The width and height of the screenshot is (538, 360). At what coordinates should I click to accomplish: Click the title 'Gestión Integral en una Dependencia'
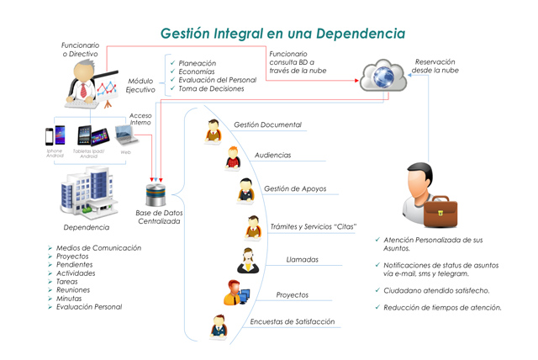click(x=283, y=34)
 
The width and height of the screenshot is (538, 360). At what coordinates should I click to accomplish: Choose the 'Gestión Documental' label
click(x=267, y=124)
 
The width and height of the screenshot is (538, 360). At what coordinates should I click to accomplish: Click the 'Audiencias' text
click(x=272, y=156)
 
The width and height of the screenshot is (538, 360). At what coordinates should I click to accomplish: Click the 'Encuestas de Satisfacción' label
click(x=292, y=321)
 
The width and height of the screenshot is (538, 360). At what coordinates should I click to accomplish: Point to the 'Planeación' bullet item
click(x=198, y=63)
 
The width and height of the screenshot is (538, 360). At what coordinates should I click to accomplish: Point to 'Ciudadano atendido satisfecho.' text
click(x=438, y=290)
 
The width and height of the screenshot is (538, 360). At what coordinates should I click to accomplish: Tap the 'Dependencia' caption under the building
click(x=87, y=227)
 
